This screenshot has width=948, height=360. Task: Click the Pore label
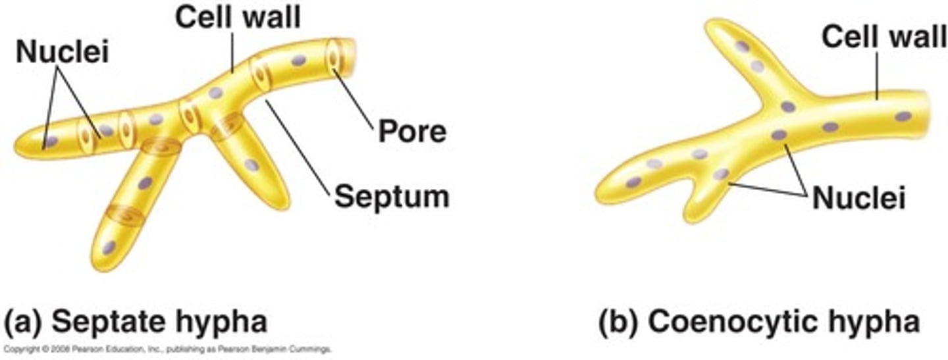click(411, 132)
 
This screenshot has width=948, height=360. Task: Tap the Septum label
click(391, 195)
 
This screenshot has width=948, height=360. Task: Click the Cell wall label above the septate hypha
click(237, 18)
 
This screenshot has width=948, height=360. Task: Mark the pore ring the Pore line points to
click(334, 57)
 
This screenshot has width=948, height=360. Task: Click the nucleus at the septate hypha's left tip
click(51, 141)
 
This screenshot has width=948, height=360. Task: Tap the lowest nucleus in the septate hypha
click(109, 247)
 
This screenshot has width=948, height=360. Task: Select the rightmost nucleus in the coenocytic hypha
click(903, 116)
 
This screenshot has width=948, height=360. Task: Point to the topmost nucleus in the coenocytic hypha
click(742, 47)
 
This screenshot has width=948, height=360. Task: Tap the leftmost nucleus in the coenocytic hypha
click(633, 182)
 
